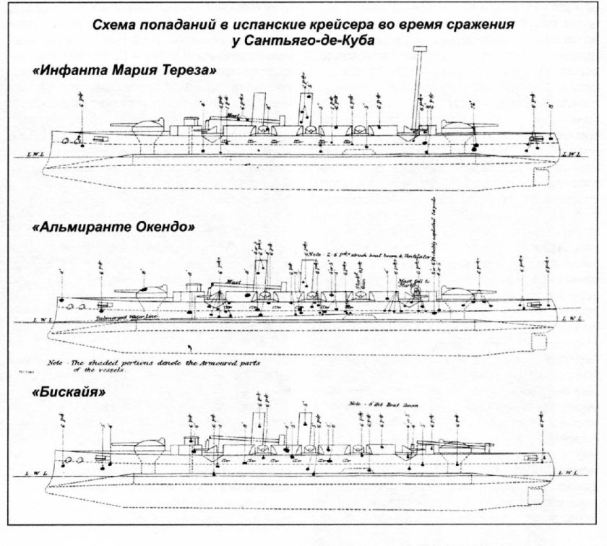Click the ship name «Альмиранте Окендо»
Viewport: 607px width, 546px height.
[114, 227]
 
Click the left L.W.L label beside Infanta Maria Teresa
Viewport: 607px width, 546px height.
[28, 153]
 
